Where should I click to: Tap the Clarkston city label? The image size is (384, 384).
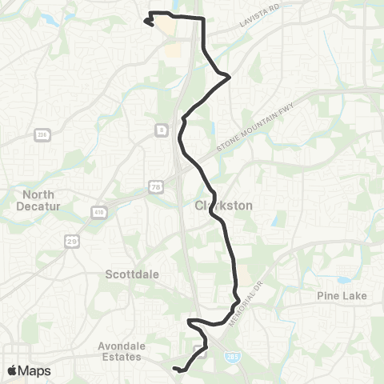(224, 206)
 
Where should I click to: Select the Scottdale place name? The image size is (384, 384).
(133, 274)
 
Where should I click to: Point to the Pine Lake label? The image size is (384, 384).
(341, 296)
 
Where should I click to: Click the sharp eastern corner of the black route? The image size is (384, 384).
(230, 77)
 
